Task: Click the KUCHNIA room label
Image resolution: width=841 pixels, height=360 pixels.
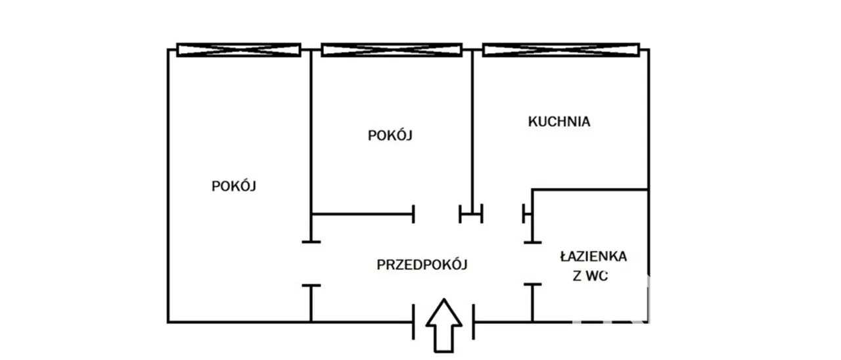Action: coord(559,122)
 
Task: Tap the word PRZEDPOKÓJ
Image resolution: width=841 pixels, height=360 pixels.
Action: coord(422,265)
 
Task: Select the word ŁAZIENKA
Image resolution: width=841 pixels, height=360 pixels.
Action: coord(593,256)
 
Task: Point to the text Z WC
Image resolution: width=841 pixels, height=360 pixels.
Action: coord(591,277)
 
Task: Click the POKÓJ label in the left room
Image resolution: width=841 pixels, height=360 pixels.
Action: coord(233,186)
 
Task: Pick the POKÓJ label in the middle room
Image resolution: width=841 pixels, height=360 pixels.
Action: coord(390,136)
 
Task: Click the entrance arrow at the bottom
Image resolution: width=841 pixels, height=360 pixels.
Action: coord(444,325)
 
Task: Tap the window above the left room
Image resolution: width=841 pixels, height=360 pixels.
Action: coord(239,49)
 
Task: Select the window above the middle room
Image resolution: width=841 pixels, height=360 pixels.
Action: coord(391,49)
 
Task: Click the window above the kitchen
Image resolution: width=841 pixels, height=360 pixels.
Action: coord(561,49)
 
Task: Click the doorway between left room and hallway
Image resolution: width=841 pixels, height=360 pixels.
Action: coord(311,263)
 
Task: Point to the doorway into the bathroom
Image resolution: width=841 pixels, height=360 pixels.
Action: coord(532,263)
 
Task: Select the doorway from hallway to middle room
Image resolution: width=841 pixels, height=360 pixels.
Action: coord(437,214)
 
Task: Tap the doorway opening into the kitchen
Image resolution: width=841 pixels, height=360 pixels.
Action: coord(503,214)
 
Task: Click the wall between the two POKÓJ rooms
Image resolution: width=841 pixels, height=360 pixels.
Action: coord(311,131)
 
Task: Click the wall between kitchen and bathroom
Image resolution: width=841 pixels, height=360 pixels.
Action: coord(589,190)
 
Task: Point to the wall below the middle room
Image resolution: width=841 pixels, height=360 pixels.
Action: coord(361,214)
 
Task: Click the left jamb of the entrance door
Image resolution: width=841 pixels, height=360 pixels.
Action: coord(414,322)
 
